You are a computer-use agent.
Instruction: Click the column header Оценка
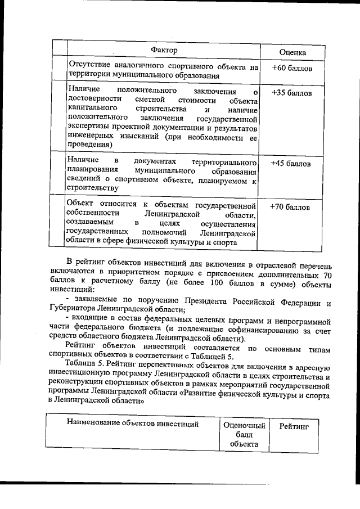pyautogui.click(x=292, y=52)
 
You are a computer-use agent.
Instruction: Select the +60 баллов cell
pyautogui.click(x=291, y=68)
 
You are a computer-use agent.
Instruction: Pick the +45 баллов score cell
pyautogui.click(x=290, y=164)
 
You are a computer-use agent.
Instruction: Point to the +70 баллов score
pyautogui.click(x=290, y=206)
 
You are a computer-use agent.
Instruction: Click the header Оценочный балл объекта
pyautogui.click(x=244, y=435)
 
